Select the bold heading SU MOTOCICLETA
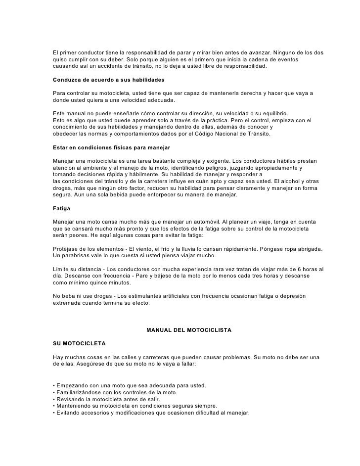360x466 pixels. (79, 342)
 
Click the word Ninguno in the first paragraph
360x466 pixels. (285, 52)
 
